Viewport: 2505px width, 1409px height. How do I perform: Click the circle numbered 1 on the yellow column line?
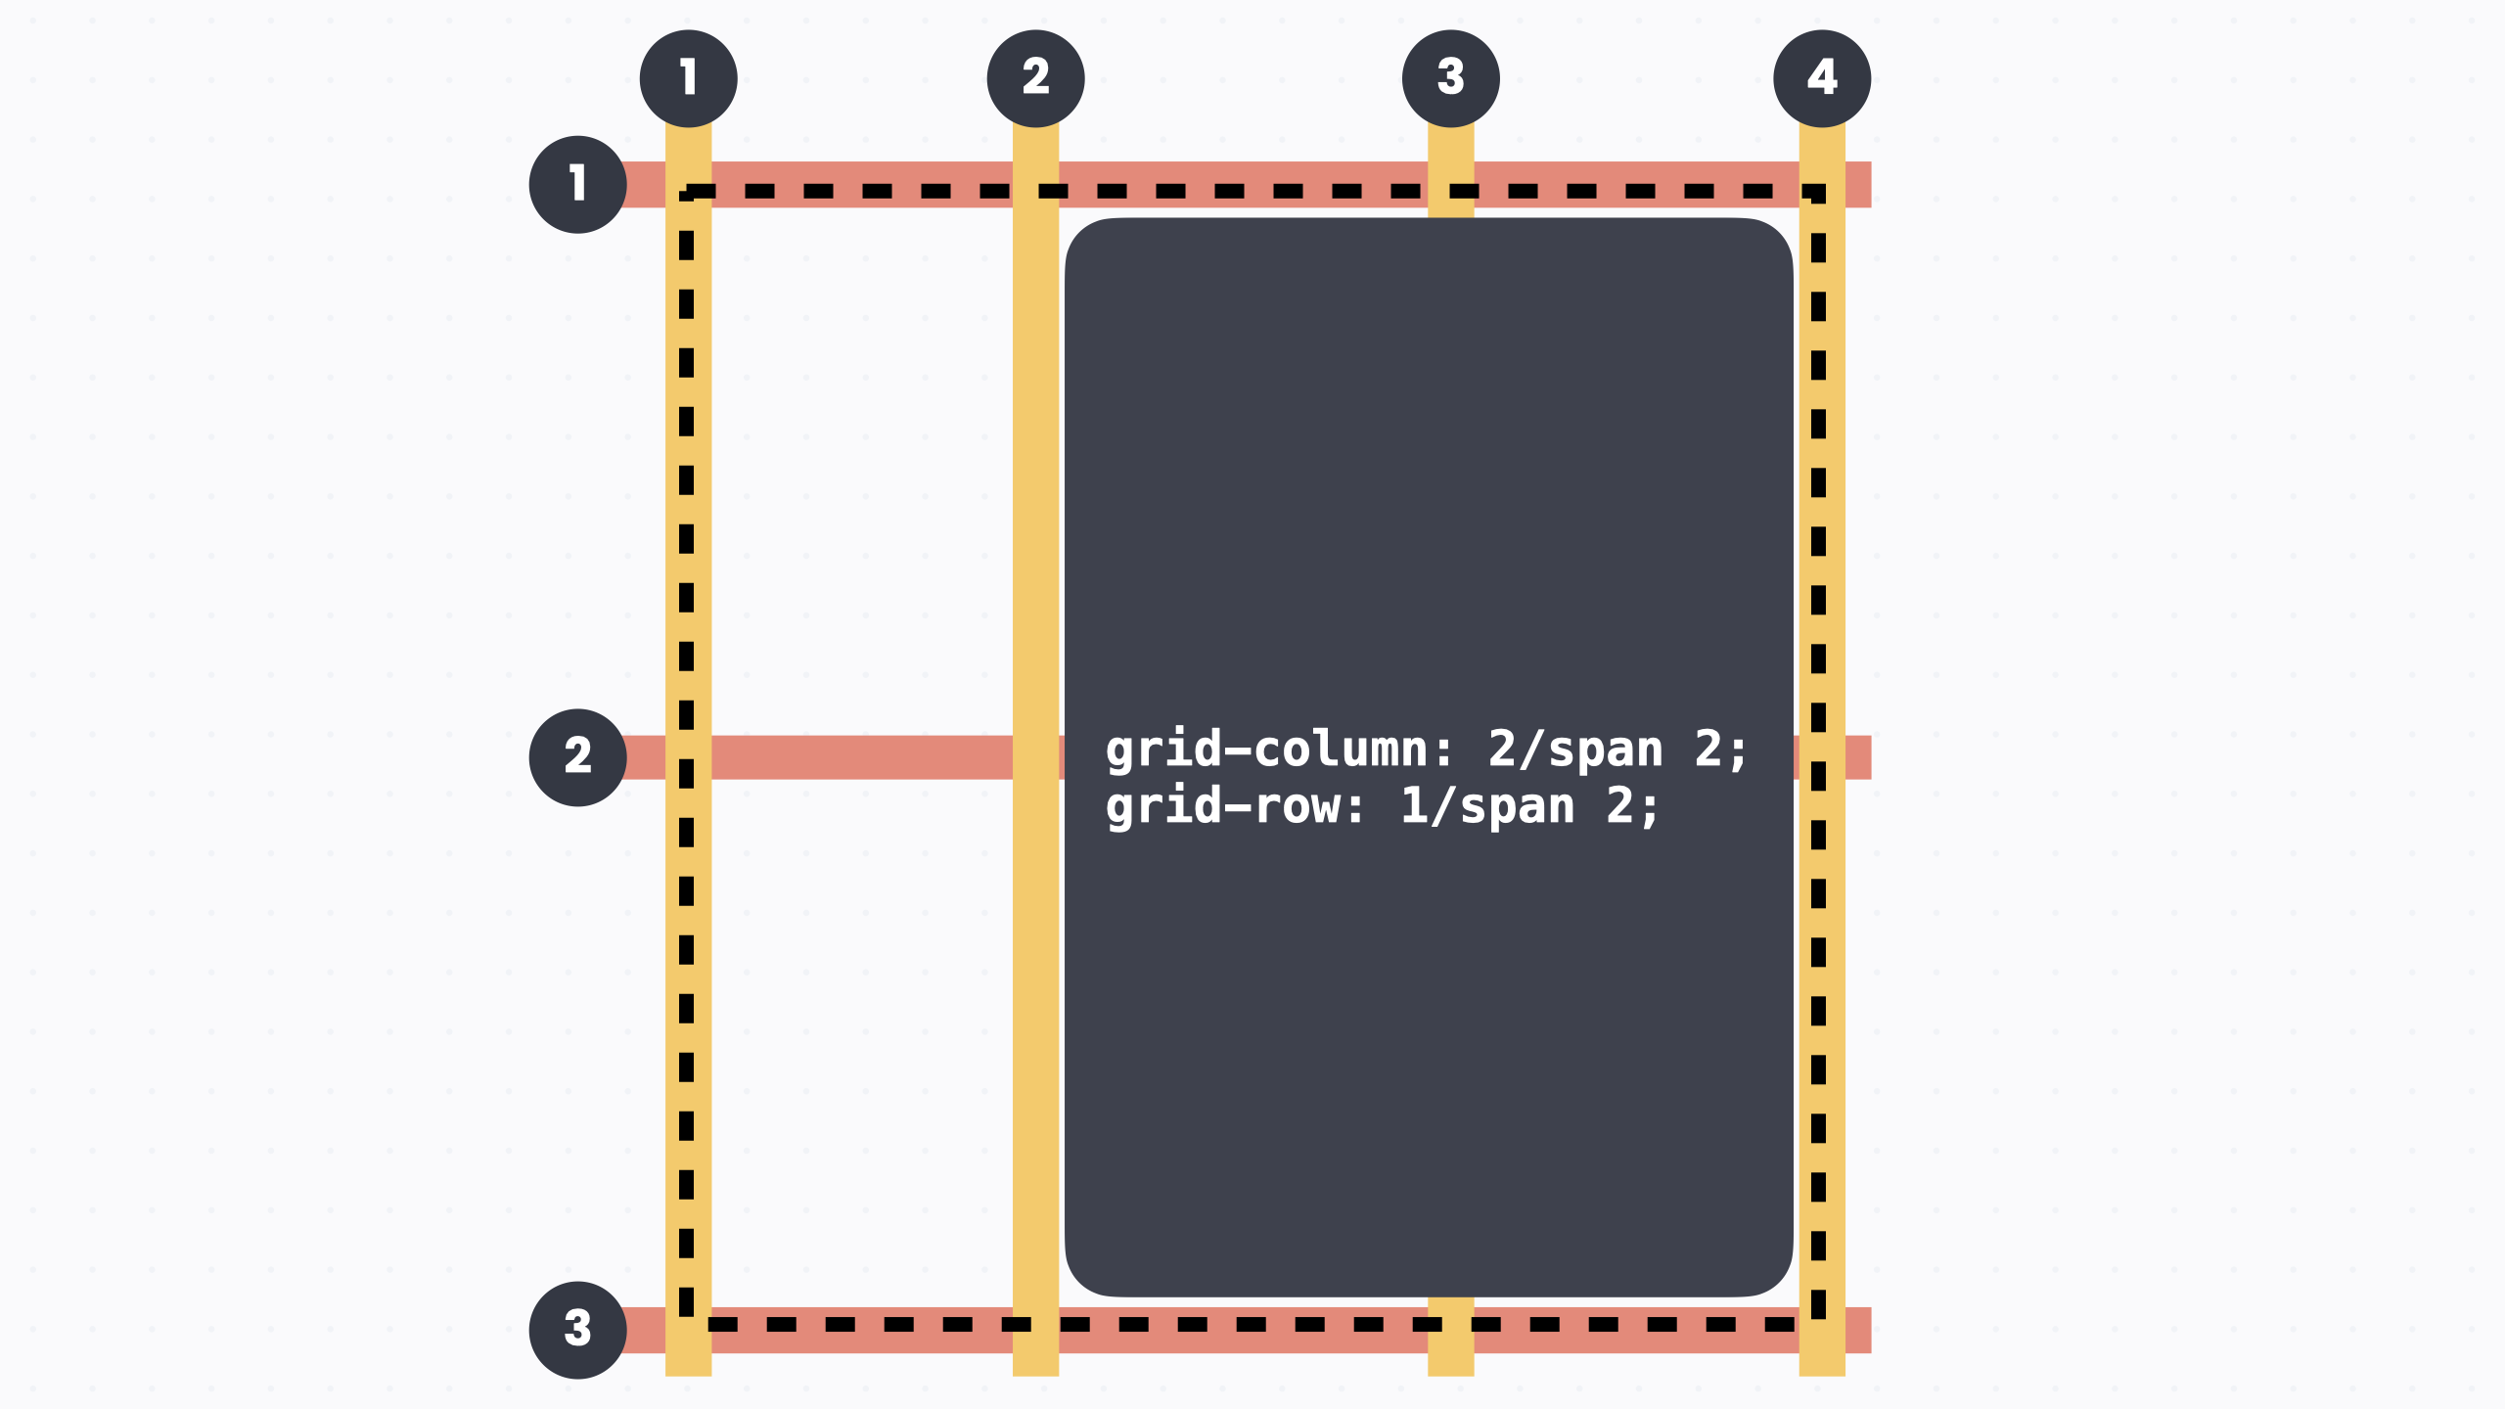click(x=688, y=78)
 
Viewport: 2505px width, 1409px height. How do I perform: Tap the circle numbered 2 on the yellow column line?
click(x=1035, y=78)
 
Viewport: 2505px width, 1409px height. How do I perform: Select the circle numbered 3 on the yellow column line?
click(x=1450, y=78)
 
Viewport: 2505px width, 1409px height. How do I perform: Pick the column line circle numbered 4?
click(x=1821, y=78)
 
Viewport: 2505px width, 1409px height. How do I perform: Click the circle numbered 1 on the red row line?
click(x=577, y=184)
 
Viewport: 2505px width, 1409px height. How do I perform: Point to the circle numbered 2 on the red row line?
click(x=577, y=757)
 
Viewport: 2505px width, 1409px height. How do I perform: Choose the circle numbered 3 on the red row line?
click(x=577, y=1330)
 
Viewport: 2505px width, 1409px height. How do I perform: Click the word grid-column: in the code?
click(x=1280, y=750)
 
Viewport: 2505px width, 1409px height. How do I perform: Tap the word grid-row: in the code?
click(x=1236, y=807)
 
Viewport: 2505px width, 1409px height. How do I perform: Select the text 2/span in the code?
click(x=1575, y=750)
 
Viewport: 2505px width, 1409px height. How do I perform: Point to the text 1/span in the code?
click(x=1487, y=807)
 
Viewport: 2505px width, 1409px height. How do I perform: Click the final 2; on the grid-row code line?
click(x=1632, y=807)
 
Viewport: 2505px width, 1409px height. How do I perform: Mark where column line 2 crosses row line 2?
click(x=1035, y=757)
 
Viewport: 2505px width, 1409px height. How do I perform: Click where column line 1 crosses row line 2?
click(x=688, y=757)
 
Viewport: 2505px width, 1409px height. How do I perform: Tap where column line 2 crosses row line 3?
click(x=1035, y=1330)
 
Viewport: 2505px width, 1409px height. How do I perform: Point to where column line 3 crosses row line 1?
click(x=1450, y=184)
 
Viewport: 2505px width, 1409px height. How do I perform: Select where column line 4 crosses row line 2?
click(x=1821, y=757)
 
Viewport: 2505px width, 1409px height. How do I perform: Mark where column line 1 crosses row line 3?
click(x=688, y=1330)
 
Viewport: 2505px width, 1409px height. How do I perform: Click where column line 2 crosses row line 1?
click(x=1035, y=184)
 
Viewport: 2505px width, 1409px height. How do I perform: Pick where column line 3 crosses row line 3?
click(x=1450, y=1330)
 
